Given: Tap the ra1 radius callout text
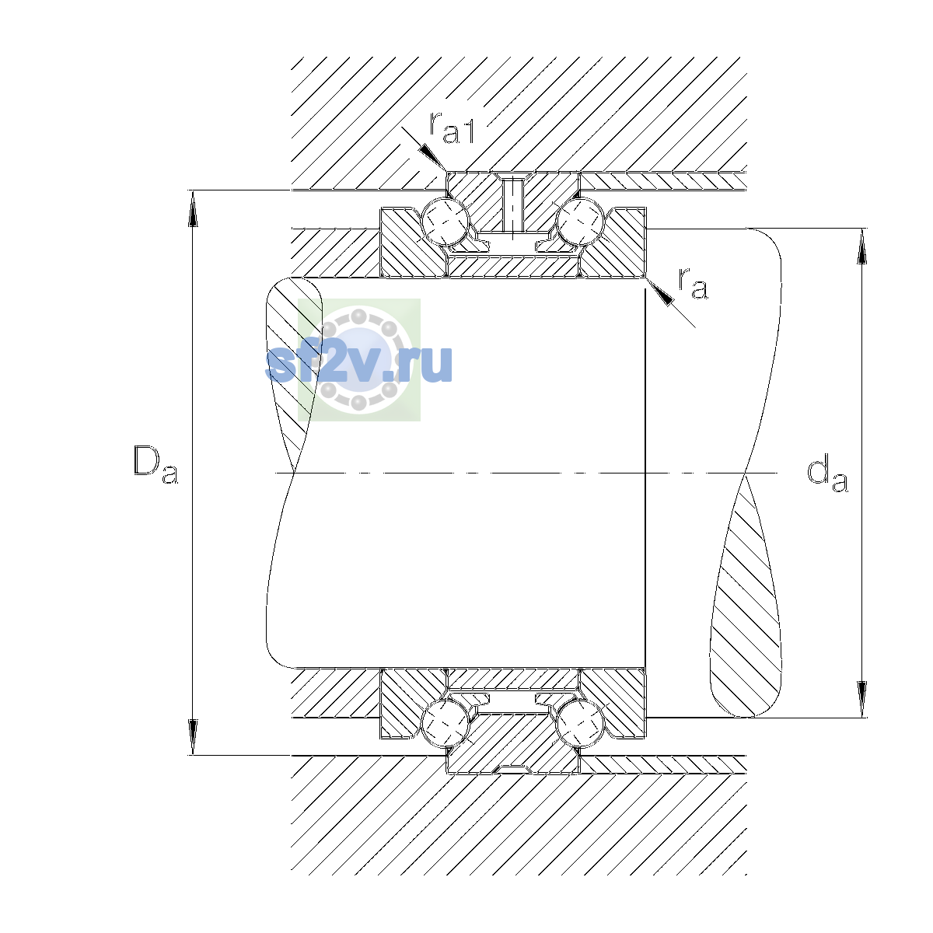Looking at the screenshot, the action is point(452,128).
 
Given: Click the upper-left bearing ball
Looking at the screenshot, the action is point(446,222).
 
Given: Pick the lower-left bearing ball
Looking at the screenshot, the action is point(446,723).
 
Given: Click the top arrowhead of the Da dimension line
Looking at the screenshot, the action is point(193,208).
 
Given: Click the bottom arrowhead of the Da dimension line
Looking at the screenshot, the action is point(193,736).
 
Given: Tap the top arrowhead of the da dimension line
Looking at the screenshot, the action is point(861,246).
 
